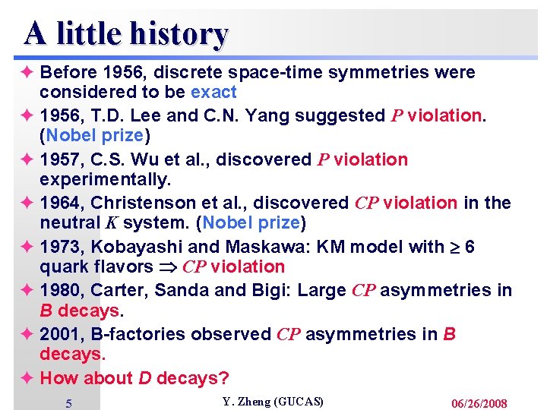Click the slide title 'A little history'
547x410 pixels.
125,33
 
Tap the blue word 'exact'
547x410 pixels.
213,93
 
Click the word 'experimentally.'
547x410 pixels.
106,180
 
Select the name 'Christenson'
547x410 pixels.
144,203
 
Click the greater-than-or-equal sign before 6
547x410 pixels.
456,247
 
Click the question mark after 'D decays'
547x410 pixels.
224,377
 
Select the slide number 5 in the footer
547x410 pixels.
68,403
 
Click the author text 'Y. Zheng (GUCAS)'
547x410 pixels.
273,402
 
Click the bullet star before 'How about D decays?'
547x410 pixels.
28,377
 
